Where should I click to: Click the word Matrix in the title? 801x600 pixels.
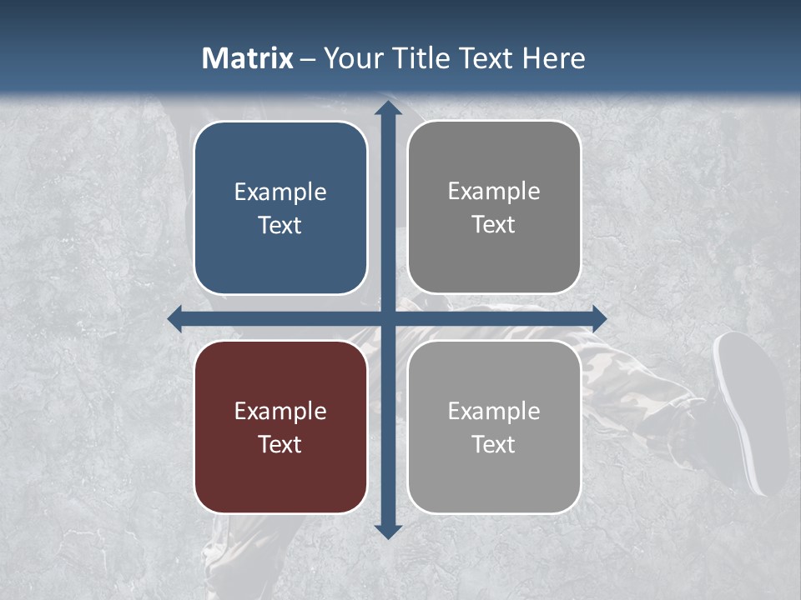(x=248, y=58)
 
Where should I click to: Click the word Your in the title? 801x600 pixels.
(x=354, y=58)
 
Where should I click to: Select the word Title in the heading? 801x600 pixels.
(x=422, y=58)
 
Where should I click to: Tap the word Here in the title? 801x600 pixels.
(x=554, y=58)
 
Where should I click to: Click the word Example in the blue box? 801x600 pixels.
(x=280, y=192)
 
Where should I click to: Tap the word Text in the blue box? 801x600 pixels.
(x=280, y=225)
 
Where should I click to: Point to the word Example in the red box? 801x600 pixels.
(x=280, y=411)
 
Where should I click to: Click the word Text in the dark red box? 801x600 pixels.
(x=280, y=444)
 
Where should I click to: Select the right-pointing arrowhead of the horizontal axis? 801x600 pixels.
(x=598, y=318)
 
